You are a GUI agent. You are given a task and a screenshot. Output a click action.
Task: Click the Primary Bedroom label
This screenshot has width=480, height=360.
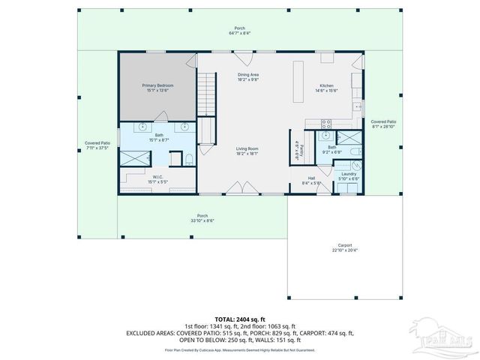pyautogui.click(x=157, y=85)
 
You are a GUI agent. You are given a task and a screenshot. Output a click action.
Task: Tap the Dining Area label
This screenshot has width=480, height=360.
pyautogui.click(x=248, y=75)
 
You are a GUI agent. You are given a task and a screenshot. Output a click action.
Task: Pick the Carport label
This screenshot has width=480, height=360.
pyautogui.click(x=345, y=246)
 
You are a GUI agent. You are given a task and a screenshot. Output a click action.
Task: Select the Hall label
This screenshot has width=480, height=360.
pyautogui.click(x=311, y=178)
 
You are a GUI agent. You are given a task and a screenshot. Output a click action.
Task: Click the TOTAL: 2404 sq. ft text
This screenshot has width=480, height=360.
pyautogui.click(x=240, y=319)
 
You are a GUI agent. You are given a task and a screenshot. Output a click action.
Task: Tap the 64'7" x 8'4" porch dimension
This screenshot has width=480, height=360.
pyautogui.click(x=240, y=34)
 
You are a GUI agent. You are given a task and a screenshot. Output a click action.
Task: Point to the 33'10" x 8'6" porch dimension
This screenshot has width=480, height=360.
pyautogui.click(x=202, y=220)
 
